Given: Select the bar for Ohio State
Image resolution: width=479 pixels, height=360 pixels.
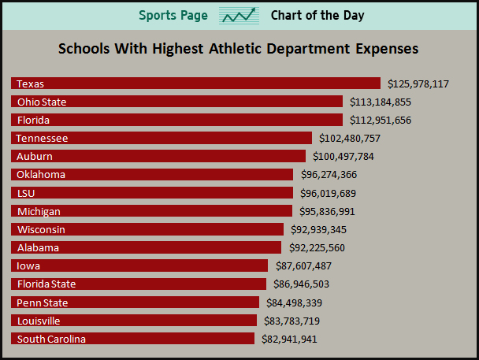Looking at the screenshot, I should pyautogui.click(x=176, y=102).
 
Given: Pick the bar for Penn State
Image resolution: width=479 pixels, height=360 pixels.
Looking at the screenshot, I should pyautogui.click(x=135, y=302).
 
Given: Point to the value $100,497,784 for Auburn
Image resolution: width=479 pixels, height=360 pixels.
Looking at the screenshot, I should pyautogui.click(x=343, y=156).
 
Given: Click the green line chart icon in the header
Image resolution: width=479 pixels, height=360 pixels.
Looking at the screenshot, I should pyautogui.click(x=239, y=16).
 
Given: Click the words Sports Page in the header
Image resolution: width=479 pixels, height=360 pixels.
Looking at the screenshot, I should pyautogui.click(x=173, y=16).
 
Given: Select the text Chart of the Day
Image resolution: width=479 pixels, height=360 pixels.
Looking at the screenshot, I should pyautogui.click(x=317, y=16).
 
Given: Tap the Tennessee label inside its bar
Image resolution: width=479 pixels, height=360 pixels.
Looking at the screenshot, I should pyautogui.click(x=42, y=138).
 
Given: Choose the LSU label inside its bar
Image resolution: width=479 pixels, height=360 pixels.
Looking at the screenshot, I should pyautogui.click(x=25, y=193).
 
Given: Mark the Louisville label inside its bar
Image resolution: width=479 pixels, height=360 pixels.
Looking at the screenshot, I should pyautogui.click(x=39, y=321).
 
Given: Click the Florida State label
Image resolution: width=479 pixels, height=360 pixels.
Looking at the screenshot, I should pyautogui.click(x=46, y=284).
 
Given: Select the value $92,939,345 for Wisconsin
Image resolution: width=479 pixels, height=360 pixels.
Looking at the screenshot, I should pyautogui.click(x=318, y=229).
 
